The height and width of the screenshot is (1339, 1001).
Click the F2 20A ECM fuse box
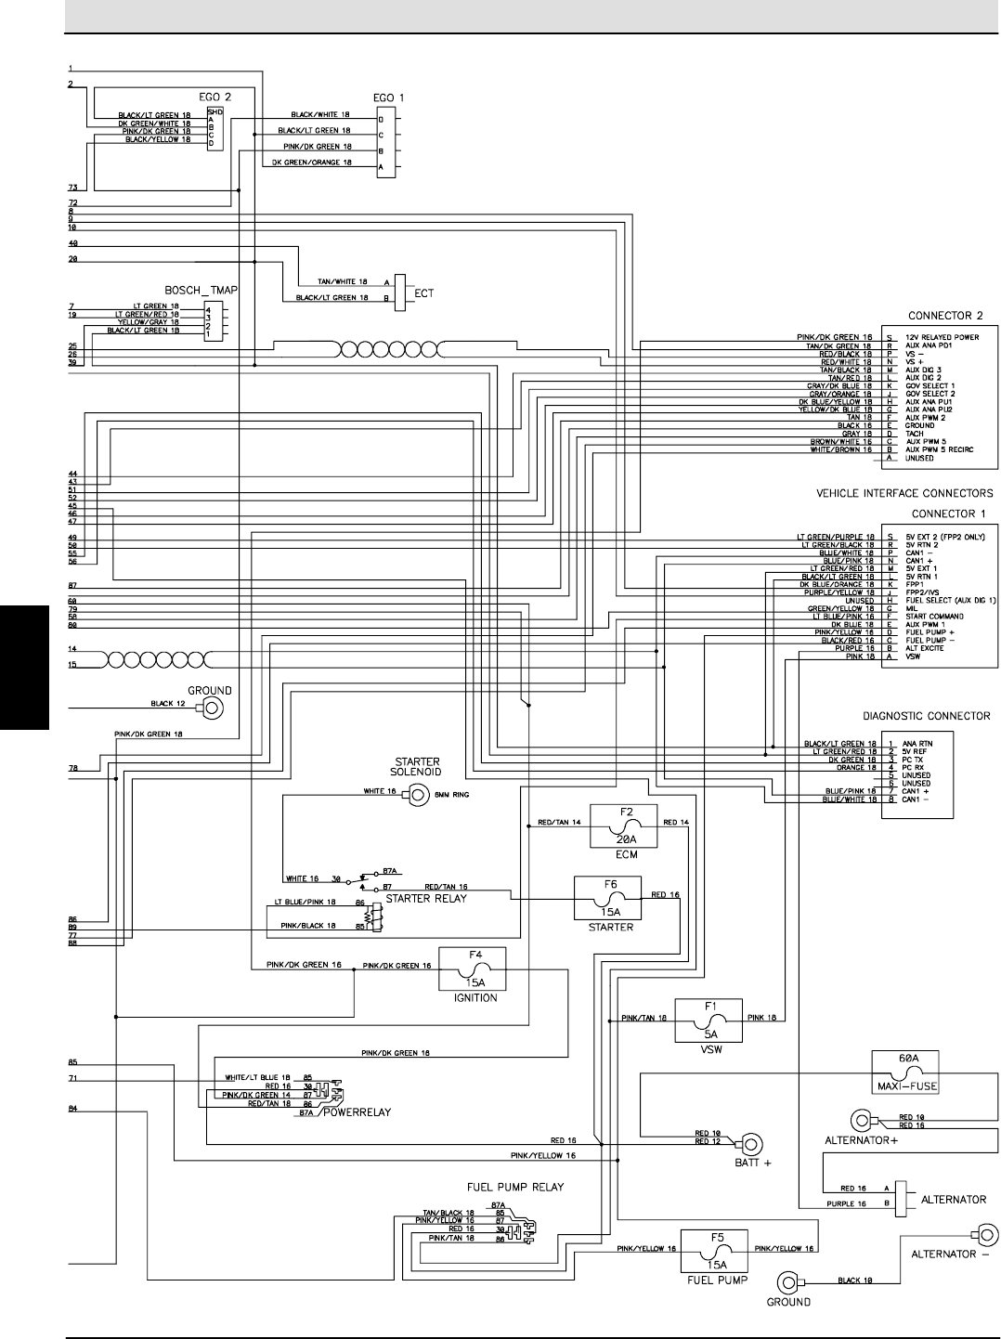pyautogui.click(x=623, y=825)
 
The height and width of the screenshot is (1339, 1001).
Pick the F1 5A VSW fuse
pyautogui.click(x=709, y=1020)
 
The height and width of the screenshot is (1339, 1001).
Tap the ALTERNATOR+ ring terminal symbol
pyautogui.click(x=860, y=1120)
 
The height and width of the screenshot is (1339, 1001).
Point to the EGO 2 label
pyautogui.click(x=214, y=97)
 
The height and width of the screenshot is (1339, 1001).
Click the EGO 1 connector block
pyautogui.click(x=384, y=144)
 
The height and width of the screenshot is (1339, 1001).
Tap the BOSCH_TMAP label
pyautogui.click(x=200, y=291)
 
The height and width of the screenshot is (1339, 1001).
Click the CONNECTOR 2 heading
pyautogui.click(x=944, y=316)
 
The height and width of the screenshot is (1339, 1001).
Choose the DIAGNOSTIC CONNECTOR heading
pyautogui.click(x=926, y=716)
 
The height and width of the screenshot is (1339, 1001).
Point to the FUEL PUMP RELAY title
pyautogui.click(x=514, y=1187)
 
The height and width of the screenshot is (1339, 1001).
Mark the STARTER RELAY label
pyautogui.click(x=425, y=898)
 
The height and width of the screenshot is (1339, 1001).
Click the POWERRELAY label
pyautogui.click(x=357, y=1111)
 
